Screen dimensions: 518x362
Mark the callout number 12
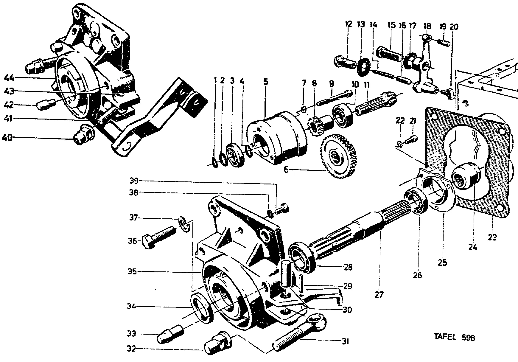coord(349,24)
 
